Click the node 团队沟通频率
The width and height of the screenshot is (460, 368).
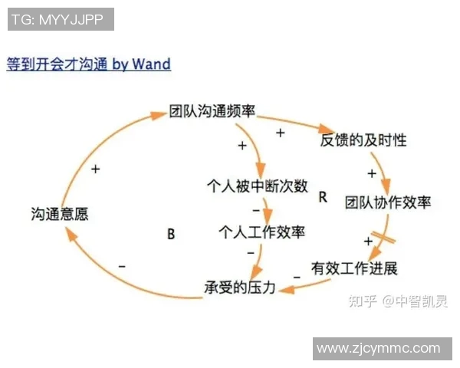coord(212,111)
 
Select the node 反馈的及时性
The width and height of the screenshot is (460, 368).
coord(363,140)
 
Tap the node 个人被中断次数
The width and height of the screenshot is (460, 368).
coord(258,186)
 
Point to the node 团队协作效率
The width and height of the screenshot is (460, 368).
coord(387,202)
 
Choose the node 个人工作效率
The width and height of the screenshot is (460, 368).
coord(261,231)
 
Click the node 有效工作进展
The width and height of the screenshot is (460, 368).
coord(354,268)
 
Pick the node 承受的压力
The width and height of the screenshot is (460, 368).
coord(239,287)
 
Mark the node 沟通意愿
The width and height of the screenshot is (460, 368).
coord(60,214)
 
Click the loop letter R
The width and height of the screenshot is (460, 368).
coord(323,197)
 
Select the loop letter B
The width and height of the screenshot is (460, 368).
coord(171,235)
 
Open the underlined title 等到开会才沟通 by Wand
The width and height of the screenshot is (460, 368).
coord(88,64)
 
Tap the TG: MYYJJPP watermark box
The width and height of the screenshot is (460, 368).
coord(61,19)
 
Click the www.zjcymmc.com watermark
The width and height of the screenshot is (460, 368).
coord(379,348)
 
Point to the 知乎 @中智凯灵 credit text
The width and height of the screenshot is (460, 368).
coord(398,301)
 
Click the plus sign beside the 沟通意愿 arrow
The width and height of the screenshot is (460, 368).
coord(95,169)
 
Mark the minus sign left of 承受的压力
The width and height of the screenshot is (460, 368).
coord(122,265)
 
